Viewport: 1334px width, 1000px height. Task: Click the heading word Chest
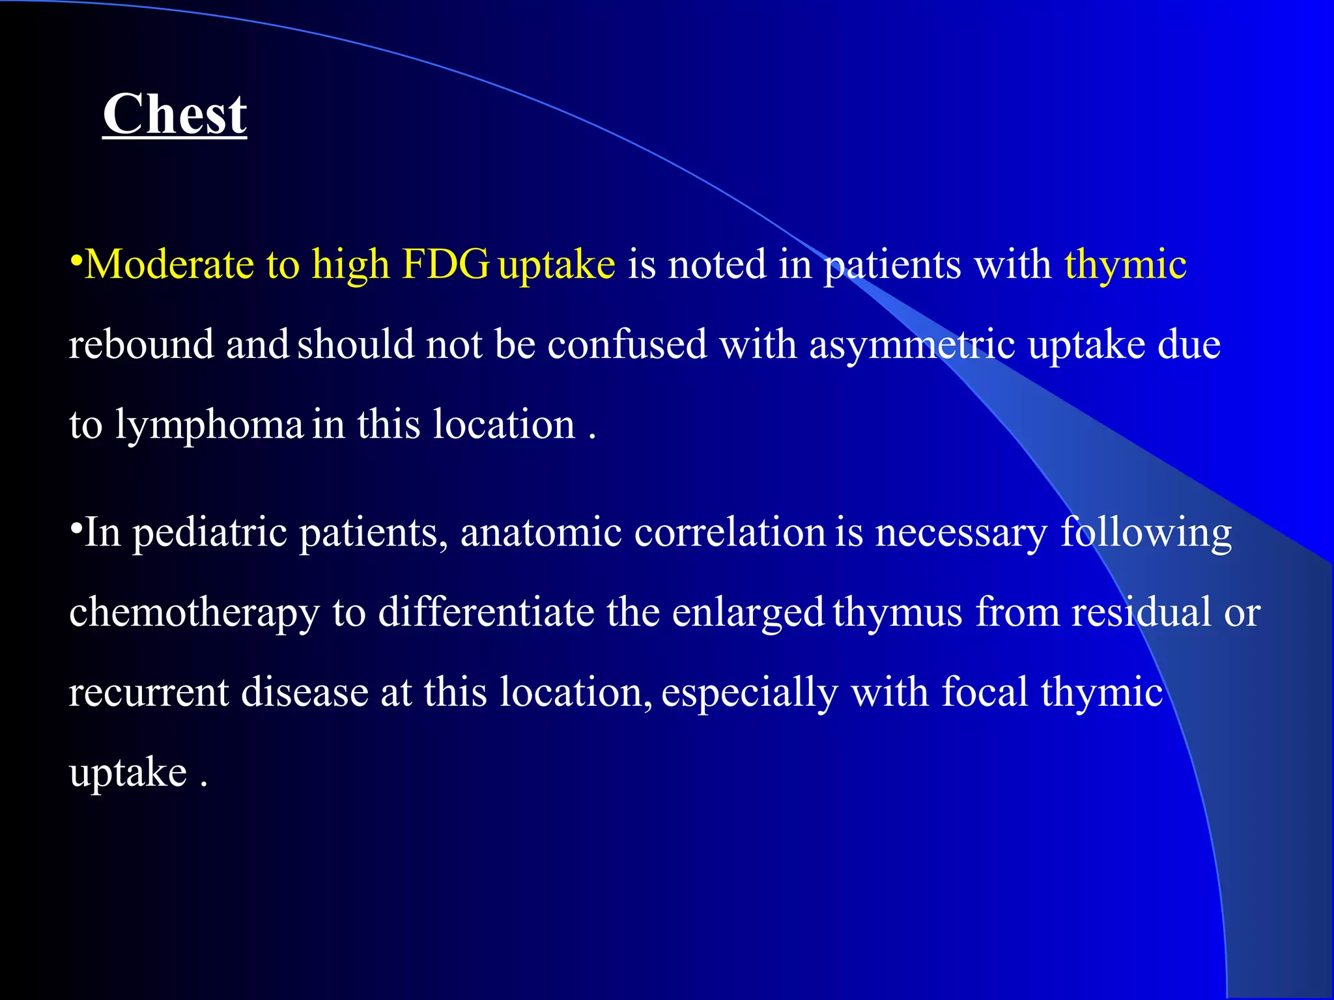175,115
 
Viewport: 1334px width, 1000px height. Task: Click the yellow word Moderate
169,264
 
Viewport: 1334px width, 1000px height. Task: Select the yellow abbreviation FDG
446,264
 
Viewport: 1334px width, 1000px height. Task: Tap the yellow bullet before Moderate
76,260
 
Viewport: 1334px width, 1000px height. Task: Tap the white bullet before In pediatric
76,527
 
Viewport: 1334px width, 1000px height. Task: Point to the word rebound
141,344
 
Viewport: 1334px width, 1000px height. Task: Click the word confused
627,344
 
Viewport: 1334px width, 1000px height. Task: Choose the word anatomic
541,533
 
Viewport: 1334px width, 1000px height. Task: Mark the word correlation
730,533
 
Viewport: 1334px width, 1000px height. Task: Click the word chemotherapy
194,614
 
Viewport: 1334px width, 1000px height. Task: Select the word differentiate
486,613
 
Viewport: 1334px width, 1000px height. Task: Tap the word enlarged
748,614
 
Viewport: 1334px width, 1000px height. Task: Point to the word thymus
898,614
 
